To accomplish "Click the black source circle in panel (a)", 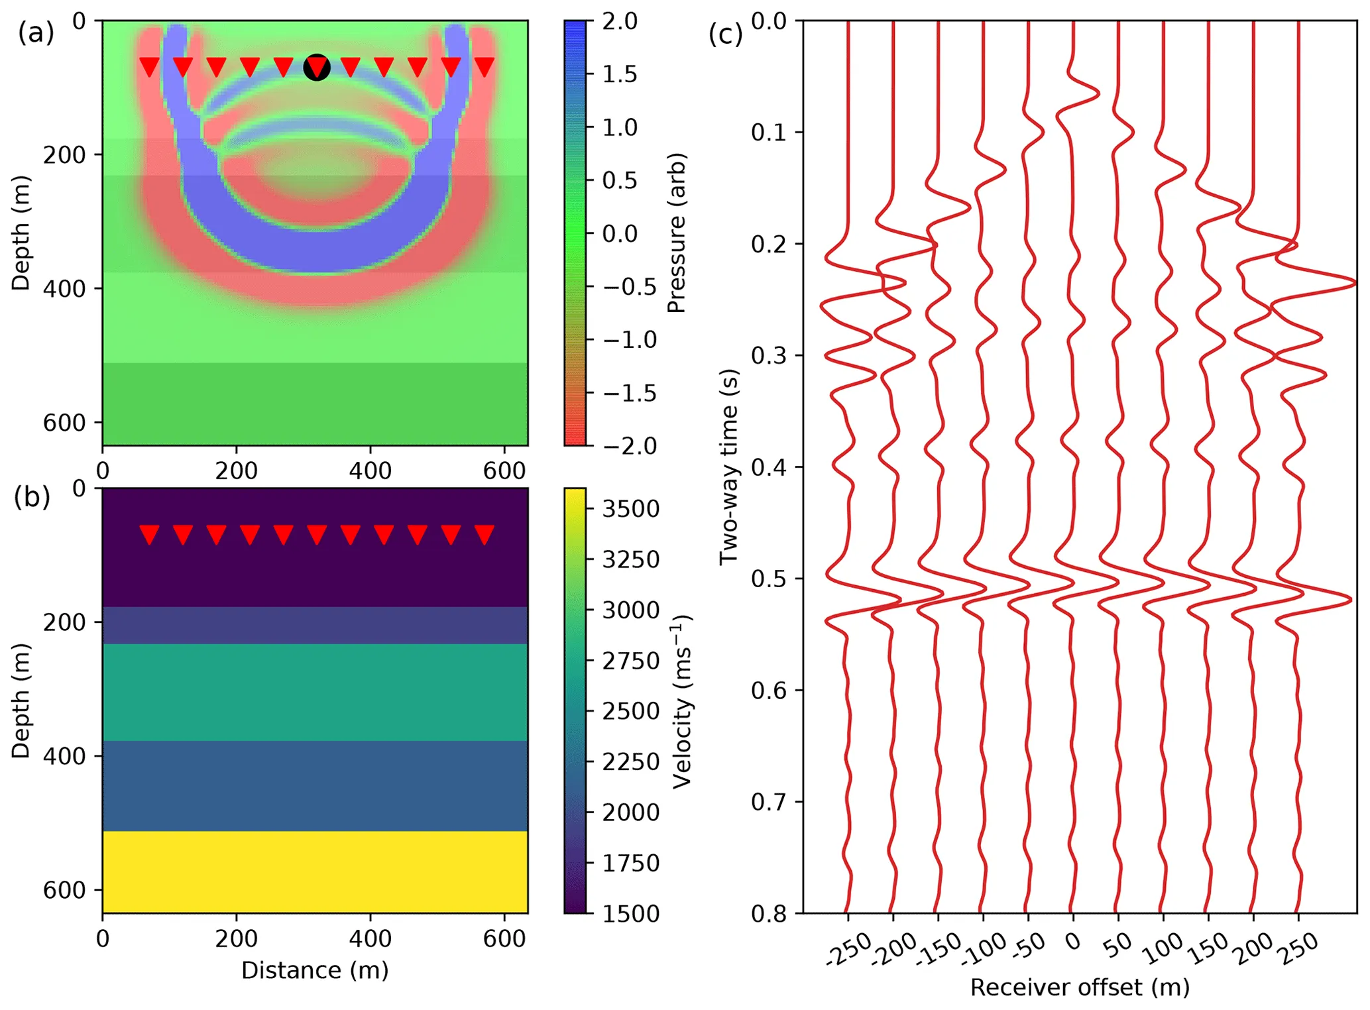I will tap(317, 68).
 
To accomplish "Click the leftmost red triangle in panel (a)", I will tap(149, 66).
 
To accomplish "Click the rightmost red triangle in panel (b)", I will tap(485, 533).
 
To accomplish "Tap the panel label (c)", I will tap(725, 34).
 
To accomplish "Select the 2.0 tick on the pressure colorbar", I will tap(619, 21).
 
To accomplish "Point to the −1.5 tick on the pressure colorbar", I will tap(629, 393).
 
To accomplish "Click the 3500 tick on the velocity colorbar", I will tap(630, 509).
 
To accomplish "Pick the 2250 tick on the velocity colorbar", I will tap(630, 761).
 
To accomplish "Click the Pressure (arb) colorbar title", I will tap(676, 233).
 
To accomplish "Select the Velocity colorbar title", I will tap(681, 701).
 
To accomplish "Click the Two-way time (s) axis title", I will tap(728, 467).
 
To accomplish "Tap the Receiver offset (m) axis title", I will tap(1080, 987).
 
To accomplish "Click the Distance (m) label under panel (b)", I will tap(315, 970).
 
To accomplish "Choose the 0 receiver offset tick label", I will tap(1072, 941).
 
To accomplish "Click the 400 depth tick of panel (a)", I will tap(64, 288).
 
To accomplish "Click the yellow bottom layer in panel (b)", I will tap(315, 871).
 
